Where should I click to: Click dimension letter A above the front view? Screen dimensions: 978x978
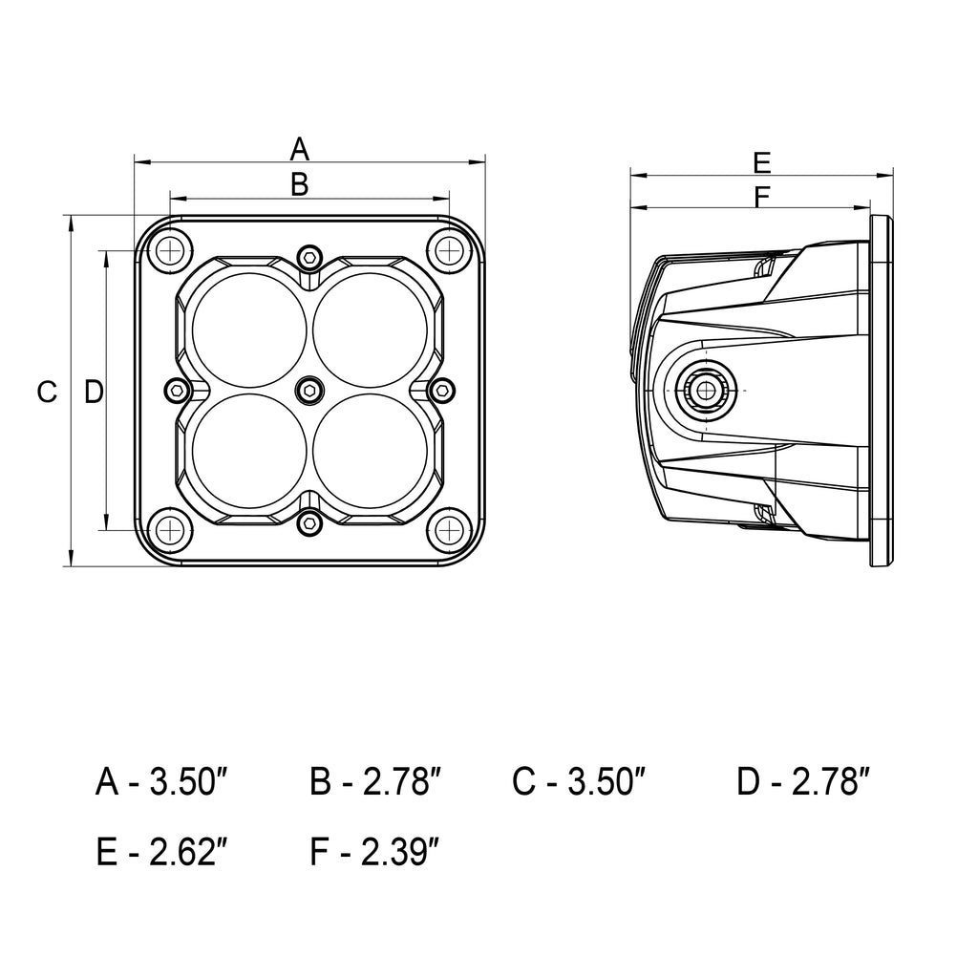point(300,149)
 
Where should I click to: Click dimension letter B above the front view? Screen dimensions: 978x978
point(300,184)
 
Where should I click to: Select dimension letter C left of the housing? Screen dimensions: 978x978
point(47,391)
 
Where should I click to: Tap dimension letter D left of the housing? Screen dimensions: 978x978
point(93,391)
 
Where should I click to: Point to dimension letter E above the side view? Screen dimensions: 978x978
point(761,161)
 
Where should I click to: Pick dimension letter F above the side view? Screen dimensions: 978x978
point(761,197)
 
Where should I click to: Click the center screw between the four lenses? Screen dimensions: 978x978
point(309,389)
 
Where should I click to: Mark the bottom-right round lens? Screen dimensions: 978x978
point(370,451)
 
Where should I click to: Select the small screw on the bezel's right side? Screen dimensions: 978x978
point(442,389)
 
